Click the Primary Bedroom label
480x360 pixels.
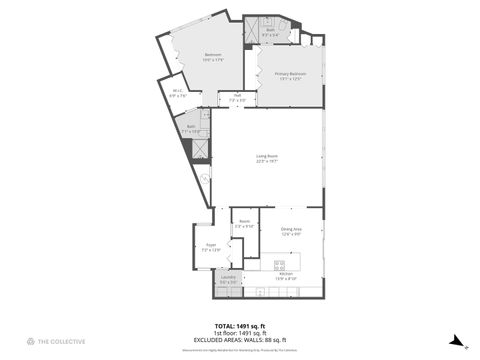click(x=291, y=76)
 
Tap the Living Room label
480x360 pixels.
click(x=267, y=158)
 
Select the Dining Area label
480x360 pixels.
click(x=291, y=232)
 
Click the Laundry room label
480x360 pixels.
click(x=228, y=280)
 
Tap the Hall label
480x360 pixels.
click(x=237, y=98)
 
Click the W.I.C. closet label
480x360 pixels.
click(x=177, y=95)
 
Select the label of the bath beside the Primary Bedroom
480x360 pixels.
click(x=270, y=33)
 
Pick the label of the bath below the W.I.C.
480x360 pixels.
click(x=190, y=129)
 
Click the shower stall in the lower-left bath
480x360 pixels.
click(x=201, y=149)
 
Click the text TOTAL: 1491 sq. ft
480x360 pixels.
click(x=239, y=325)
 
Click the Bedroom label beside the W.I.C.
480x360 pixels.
click(x=213, y=57)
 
